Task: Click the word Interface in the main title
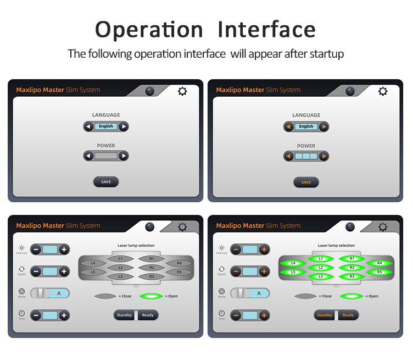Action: [266, 30]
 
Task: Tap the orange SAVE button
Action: [306, 182]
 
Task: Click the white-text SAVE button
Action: [106, 182]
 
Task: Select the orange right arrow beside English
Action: [324, 127]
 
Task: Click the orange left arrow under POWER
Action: [288, 156]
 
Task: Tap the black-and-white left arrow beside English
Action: [88, 126]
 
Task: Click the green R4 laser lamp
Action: [380, 263]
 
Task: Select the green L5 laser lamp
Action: [293, 272]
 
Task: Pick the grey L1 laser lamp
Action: [120, 259]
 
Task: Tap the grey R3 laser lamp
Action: [152, 276]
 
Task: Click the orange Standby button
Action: [325, 315]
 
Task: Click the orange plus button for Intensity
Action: [264, 250]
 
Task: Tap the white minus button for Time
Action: [36, 315]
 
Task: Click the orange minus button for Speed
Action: [236, 272]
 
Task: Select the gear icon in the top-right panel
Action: [382, 91]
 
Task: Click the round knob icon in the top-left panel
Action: [150, 91]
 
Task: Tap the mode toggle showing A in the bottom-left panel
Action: [50, 293]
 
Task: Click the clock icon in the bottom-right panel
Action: [221, 313]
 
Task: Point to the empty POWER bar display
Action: [106, 156]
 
